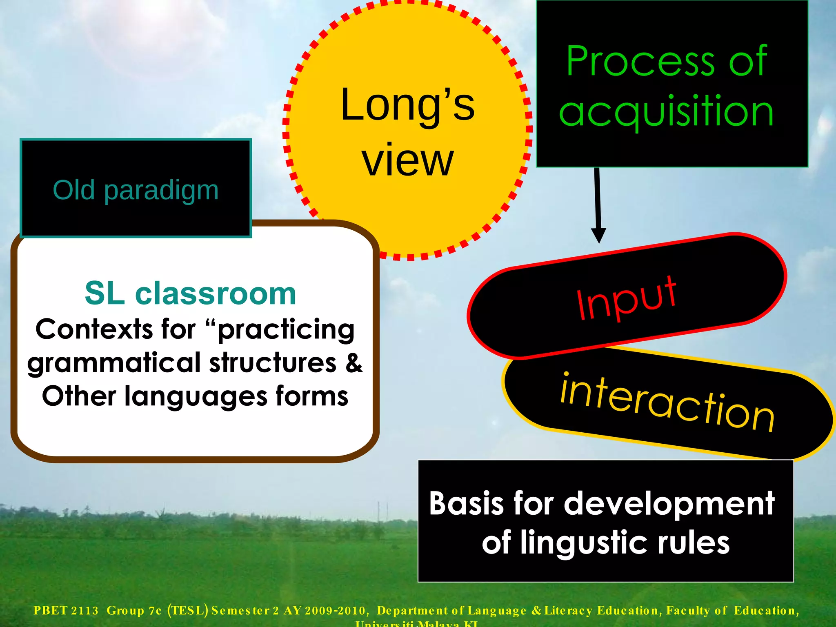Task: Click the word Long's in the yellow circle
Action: click(x=407, y=105)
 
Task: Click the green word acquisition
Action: click(x=666, y=111)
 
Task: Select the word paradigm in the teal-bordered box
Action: click(x=161, y=190)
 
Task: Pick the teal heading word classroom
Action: click(x=215, y=293)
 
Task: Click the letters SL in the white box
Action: click(x=104, y=293)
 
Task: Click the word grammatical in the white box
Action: click(x=114, y=363)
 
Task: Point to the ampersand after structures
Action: click(x=354, y=363)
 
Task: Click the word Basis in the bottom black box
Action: click(x=465, y=503)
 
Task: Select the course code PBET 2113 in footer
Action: click(x=66, y=611)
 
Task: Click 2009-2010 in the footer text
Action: click(x=335, y=611)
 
